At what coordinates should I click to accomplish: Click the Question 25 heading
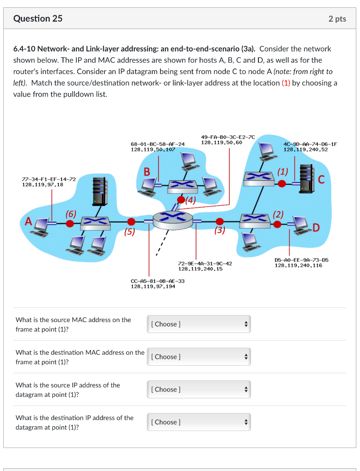coord(38,19)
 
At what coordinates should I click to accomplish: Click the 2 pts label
coord(337,19)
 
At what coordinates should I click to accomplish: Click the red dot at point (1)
coord(282,184)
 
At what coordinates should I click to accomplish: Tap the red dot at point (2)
coord(277,224)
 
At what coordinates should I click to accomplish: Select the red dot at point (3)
coord(220,221)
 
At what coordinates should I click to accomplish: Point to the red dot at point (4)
coord(182,199)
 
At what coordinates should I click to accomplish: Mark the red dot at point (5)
coord(131,221)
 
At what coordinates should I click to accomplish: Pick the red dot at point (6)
coord(70,224)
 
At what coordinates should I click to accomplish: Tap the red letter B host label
coord(147,172)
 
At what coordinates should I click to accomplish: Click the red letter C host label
coord(321,180)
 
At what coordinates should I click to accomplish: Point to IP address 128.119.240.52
coord(306,149)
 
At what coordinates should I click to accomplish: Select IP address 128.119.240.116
coord(298,265)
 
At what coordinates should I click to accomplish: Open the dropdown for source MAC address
coord(199,324)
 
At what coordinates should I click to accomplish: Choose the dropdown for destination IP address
coord(199,422)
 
